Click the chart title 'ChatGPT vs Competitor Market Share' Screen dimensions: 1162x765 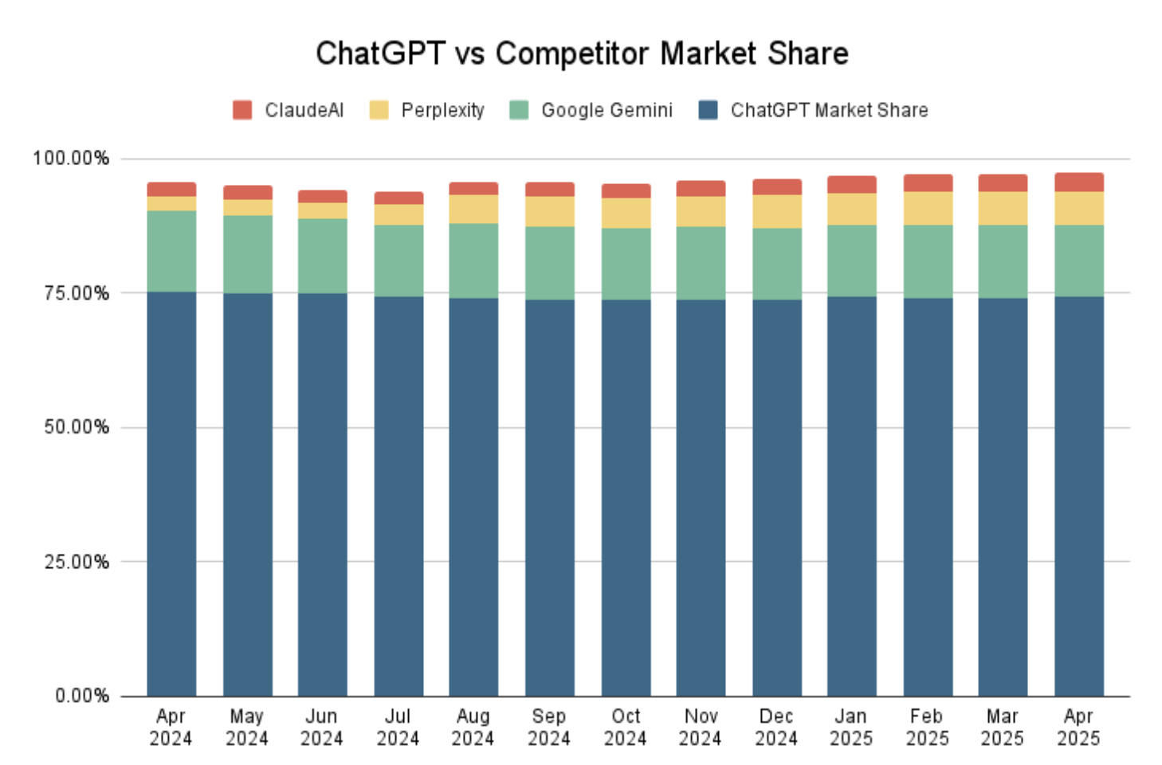tap(582, 53)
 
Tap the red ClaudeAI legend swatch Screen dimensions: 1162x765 tap(242, 110)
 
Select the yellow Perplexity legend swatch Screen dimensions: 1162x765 tap(379, 110)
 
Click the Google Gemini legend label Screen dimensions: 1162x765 tap(607, 110)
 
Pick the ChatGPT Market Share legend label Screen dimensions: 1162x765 tap(830, 110)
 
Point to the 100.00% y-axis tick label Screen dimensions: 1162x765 tap(71, 159)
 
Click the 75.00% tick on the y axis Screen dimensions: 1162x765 tap(77, 293)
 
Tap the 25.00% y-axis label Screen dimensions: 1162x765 tap(77, 562)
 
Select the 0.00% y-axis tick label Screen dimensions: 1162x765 tap(82, 696)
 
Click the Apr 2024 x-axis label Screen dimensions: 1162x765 tap(171, 727)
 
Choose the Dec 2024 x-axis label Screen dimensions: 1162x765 tap(776, 727)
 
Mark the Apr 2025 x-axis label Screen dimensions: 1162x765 tap(1078, 727)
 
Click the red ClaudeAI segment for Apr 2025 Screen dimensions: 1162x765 tap(1079, 182)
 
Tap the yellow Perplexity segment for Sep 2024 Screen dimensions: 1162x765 tap(550, 212)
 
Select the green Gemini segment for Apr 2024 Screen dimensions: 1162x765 tap(171, 252)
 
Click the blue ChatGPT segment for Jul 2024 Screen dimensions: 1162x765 tap(399, 496)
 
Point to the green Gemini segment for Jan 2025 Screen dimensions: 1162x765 tap(852, 261)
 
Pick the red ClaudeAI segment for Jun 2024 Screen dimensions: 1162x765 tap(323, 197)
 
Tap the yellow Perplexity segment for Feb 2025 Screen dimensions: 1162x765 tap(928, 209)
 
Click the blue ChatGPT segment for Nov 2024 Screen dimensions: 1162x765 tap(701, 498)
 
